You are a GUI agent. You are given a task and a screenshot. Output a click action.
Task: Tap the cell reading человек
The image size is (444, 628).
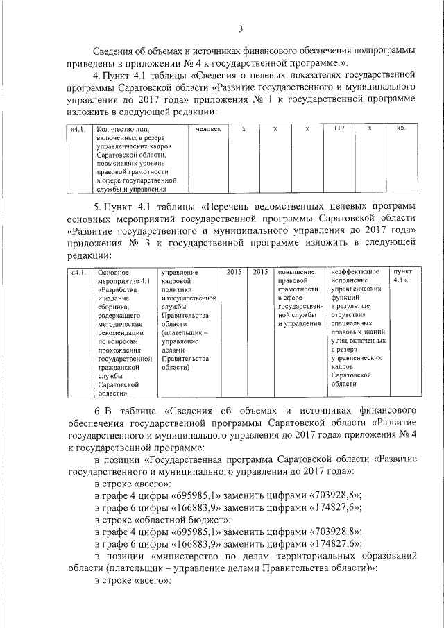click(x=208, y=129)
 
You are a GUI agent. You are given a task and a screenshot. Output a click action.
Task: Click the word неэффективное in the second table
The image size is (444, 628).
click(x=355, y=271)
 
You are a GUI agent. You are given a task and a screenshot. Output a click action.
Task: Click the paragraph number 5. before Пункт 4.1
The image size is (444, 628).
click(x=98, y=206)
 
